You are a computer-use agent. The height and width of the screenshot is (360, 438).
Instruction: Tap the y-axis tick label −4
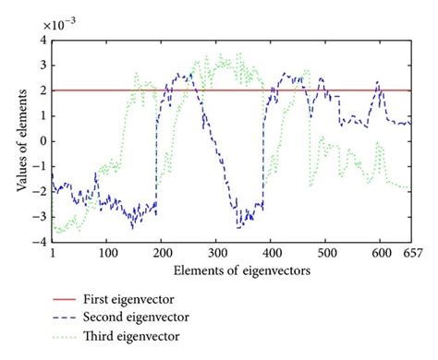(40, 241)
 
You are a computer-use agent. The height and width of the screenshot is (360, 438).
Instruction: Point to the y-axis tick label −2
(40, 191)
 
